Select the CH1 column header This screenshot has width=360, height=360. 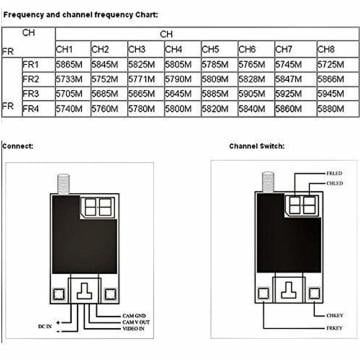(x=66, y=47)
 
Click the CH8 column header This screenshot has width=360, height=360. (x=327, y=47)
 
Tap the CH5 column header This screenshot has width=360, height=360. (x=211, y=47)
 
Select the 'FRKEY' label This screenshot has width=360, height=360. (x=331, y=327)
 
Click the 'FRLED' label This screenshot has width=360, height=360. (x=333, y=175)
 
